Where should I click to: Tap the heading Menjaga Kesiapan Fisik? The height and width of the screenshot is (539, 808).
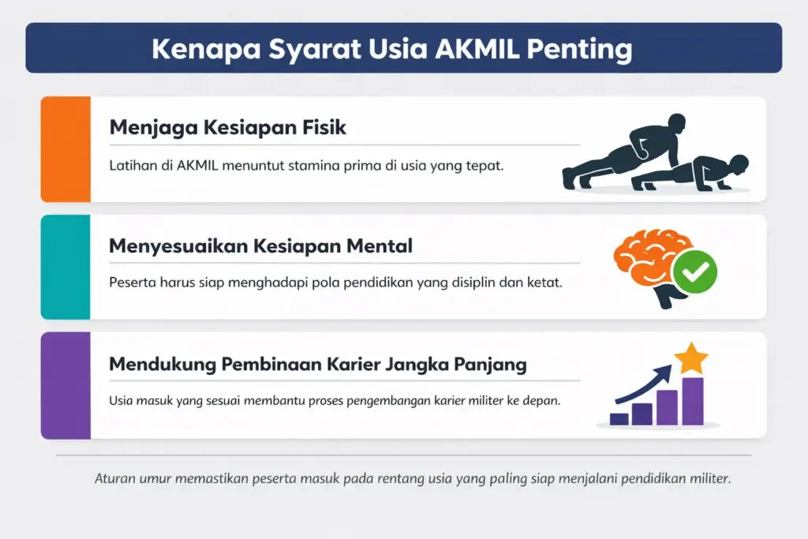[227, 127]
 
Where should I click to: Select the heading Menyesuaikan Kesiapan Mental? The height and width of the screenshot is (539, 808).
[260, 245]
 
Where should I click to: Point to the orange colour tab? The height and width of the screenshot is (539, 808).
[65, 149]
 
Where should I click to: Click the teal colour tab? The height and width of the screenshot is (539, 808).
[65, 267]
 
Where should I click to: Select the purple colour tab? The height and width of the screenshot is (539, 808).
[65, 385]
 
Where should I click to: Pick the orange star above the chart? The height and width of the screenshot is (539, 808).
[691, 358]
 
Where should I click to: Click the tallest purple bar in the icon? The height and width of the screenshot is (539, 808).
[692, 401]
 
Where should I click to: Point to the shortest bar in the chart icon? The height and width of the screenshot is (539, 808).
[619, 419]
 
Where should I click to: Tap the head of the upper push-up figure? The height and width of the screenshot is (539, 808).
[675, 125]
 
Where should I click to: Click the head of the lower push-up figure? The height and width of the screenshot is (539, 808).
[738, 165]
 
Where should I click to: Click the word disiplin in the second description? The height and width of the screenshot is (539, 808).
[470, 282]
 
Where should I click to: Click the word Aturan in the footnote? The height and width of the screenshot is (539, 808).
[114, 478]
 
